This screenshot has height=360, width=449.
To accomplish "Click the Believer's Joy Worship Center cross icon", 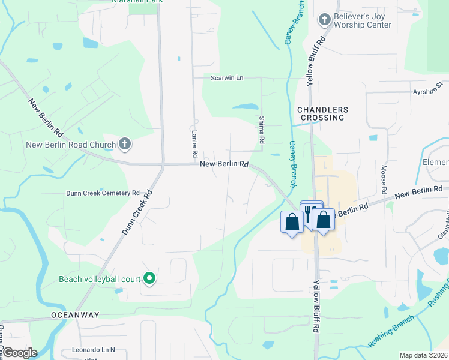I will point(324,20).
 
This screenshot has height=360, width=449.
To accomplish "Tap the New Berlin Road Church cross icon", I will point(125,144).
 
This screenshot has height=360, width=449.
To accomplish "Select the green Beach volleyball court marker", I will point(150,278).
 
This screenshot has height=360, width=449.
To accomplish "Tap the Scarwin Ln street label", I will point(227,78).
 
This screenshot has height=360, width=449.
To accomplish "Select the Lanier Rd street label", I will point(195,145).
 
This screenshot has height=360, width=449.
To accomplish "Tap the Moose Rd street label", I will point(384,180).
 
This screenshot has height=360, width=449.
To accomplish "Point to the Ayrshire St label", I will point(427,92).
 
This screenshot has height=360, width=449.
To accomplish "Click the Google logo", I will point(20,353).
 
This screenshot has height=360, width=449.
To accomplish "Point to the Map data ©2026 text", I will point(423,355).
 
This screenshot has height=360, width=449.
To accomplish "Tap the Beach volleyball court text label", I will point(100,279).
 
